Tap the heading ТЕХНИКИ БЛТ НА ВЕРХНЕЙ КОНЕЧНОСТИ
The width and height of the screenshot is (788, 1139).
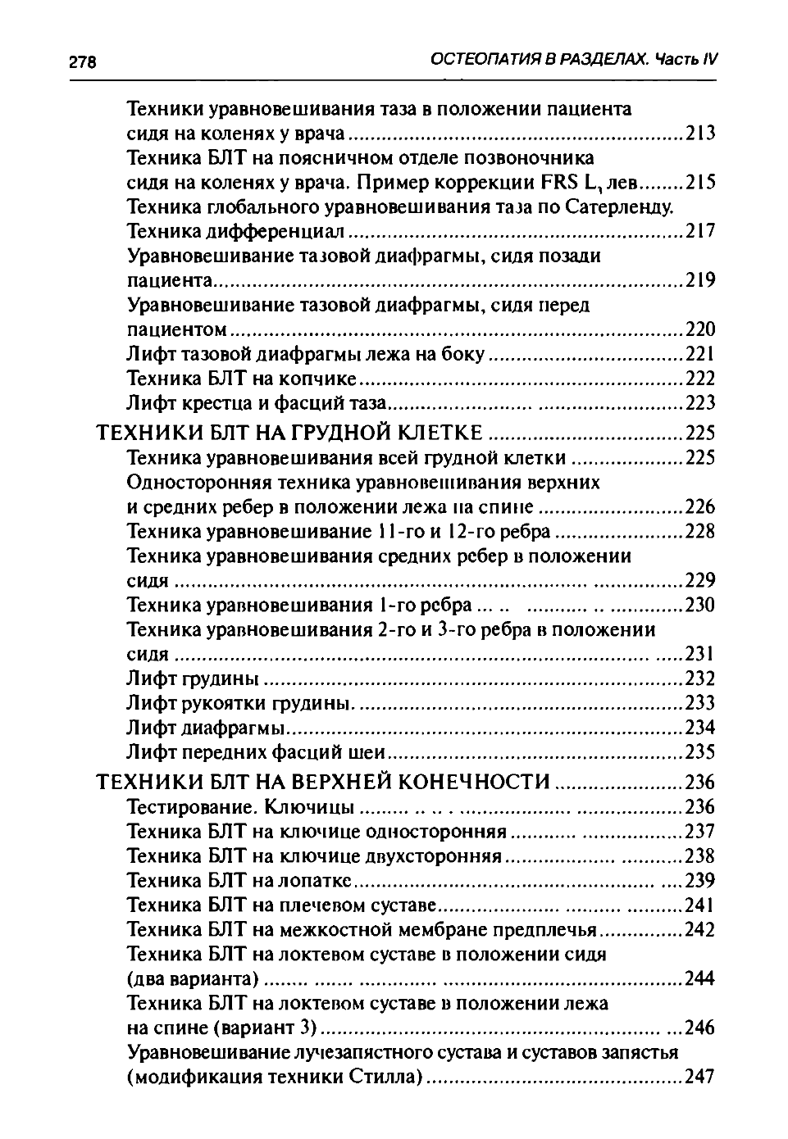pyautogui.click(x=324, y=782)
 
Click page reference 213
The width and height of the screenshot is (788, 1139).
pyautogui.click(x=700, y=133)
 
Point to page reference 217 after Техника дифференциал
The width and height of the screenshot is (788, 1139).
pyautogui.click(x=700, y=231)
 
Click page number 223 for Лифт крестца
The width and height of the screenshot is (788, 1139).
pyautogui.click(x=700, y=403)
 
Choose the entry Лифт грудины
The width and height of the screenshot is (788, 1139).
pyautogui.click(x=193, y=678)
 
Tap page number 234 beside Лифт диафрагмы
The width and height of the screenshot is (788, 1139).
pyautogui.click(x=700, y=728)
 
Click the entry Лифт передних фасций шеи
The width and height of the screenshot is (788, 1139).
pyautogui.click(x=256, y=752)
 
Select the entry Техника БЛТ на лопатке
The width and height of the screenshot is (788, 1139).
pyautogui.click(x=239, y=881)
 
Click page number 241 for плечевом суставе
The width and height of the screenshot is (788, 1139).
pyautogui.click(x=700, y=905)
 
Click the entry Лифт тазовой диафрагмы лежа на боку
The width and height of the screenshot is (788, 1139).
pyautogui.click(x=306, y=354)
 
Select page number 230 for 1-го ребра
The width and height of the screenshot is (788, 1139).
pyautogui.click(x=700, y=605)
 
